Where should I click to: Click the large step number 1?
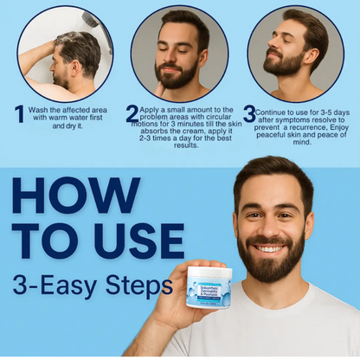(x=19, y=114)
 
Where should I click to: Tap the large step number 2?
(x=132, y=114)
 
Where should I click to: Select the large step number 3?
(x=249, y=114)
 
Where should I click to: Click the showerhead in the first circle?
(x=90, y=20)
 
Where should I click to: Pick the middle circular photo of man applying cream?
(x=180, y=54)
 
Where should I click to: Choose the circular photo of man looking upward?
(x=296, y=54)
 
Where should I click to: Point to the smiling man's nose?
(x=271, y=227)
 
